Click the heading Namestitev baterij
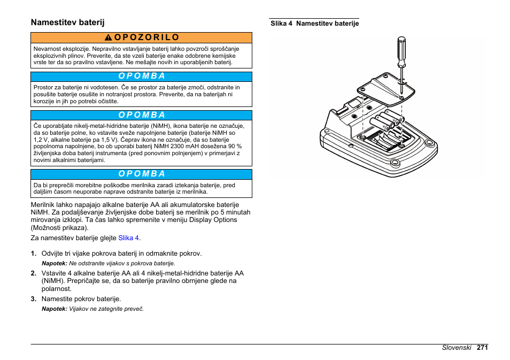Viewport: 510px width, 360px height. [67, 22]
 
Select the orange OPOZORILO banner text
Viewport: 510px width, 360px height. [146, 37]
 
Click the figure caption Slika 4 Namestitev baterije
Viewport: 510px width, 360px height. [314, 24]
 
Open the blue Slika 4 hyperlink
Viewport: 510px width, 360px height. [129, 238]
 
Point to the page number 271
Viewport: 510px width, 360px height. [483, 347]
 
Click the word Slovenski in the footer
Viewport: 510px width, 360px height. [456, 347]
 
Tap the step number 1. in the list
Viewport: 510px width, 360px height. [34, 254]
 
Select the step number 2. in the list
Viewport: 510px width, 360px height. [34, 273]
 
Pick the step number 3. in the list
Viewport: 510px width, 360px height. [34, 299]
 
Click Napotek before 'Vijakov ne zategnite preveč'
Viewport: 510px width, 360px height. [55, 309]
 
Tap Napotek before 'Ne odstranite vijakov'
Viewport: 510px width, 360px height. [55, 263]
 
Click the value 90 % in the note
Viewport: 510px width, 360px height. [233, 146]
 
